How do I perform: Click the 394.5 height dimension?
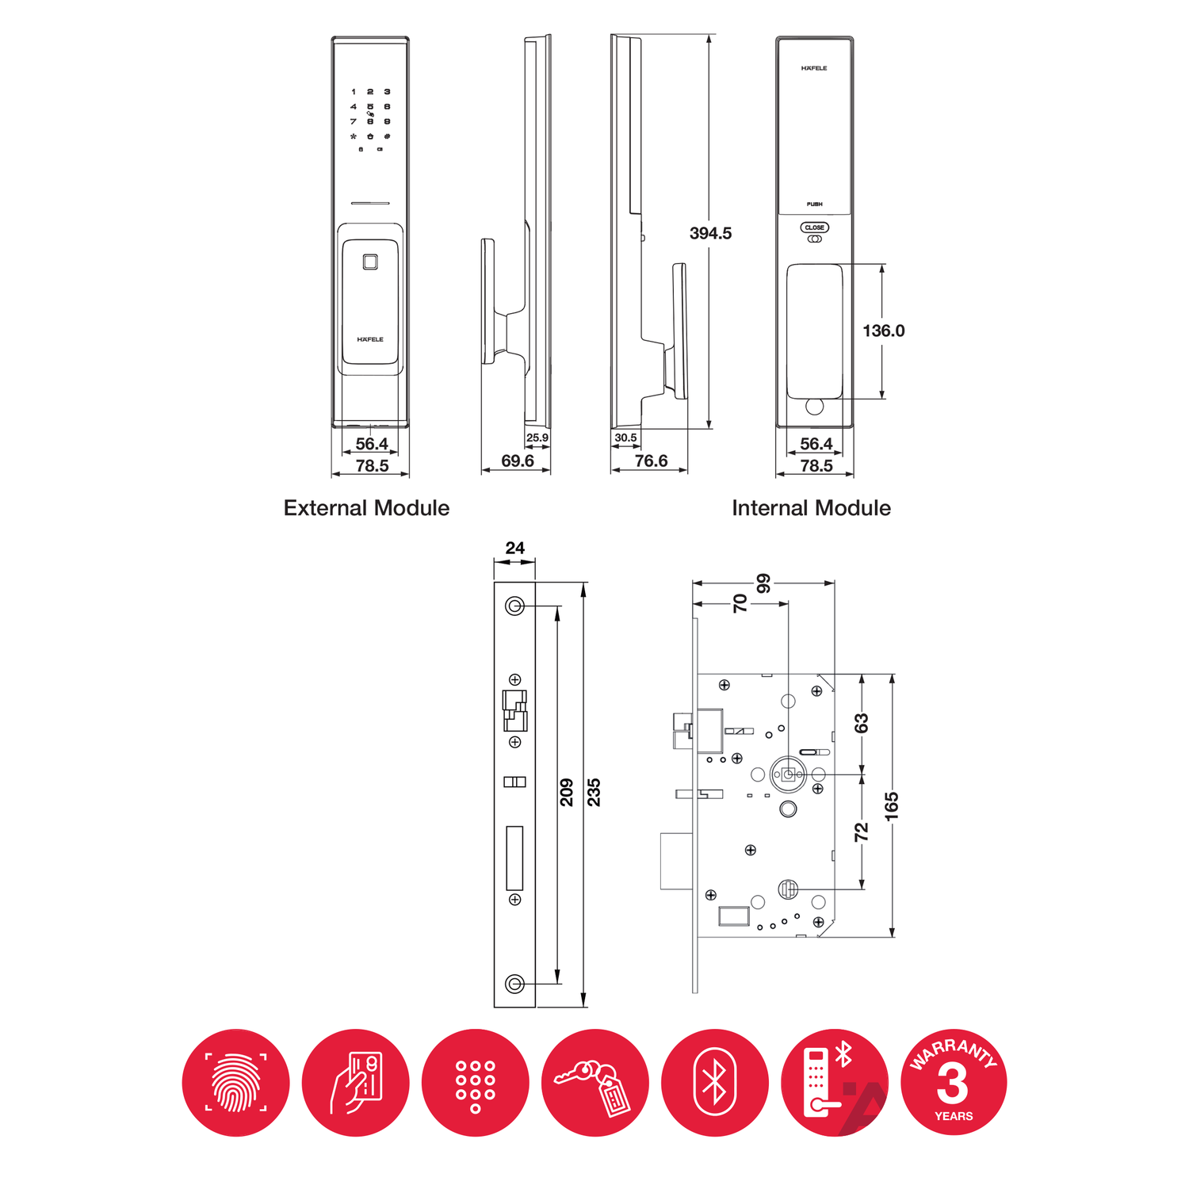tap(710, 233)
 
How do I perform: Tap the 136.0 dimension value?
tap(883, 331)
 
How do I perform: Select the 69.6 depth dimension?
tap(517, 461)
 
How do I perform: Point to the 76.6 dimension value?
tap(651, 461)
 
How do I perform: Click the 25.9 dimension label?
tap(537, 438)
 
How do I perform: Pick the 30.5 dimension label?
tap(625, 438)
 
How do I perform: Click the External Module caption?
tap(366, 508)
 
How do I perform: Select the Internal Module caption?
tap(811, 508)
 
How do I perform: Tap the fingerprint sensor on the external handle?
tap(369, 262)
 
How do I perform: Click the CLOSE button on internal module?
tap(815, 227)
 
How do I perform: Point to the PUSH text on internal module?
tap(815, 204)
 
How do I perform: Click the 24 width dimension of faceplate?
tap(515, 548)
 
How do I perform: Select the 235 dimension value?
tap(594, 793)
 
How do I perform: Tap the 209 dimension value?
tap(567, 793)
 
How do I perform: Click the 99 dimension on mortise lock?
tap(763, 583)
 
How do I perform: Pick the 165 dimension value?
tap(892, 806)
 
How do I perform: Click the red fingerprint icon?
tap(236, 1083)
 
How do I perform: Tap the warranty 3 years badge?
tap(954, 1083)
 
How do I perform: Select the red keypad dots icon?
tap(476, 1083)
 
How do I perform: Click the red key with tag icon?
tap(595, 1083)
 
